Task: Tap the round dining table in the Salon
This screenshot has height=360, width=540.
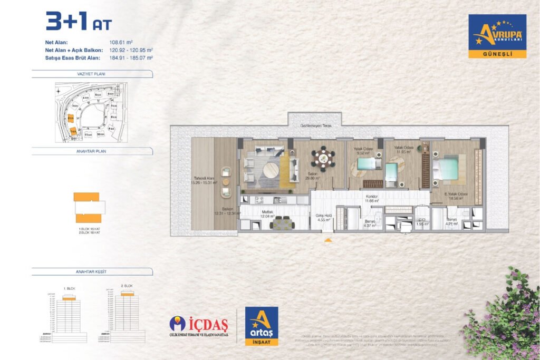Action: (322, 158)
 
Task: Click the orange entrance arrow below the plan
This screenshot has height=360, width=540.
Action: (328, 240)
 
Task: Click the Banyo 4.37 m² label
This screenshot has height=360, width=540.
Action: (369, 223)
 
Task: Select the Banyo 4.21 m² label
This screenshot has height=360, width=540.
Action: (452, 221)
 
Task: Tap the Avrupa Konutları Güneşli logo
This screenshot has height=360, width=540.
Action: (497, 36)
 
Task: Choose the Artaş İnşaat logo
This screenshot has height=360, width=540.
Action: (262, 327)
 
